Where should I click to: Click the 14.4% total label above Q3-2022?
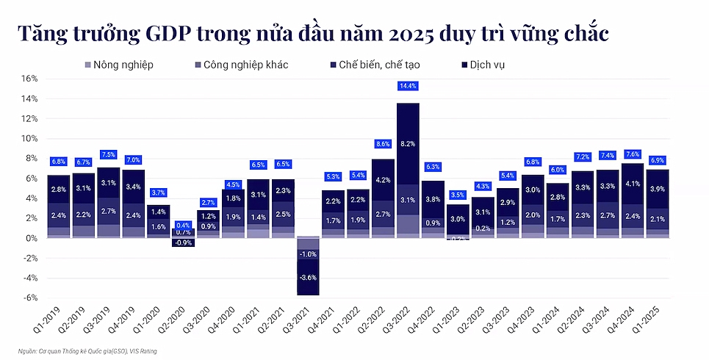point(408,86)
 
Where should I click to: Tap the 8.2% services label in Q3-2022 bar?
point(408,144)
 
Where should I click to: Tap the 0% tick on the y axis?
point(31,238)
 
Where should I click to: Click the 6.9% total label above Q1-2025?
point(658,160)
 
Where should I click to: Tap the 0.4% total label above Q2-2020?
point(184,225)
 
